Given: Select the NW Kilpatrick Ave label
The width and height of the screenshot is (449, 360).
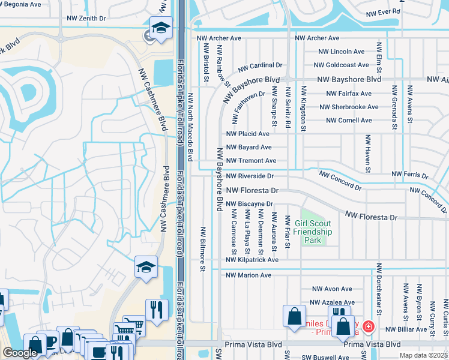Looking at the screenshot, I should pyautogui.click(x=252, y=260).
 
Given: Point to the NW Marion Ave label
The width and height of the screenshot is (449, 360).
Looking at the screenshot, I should pyautogui.click(x=249, y=275).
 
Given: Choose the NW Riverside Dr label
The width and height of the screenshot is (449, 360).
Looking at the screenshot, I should pyautogui.click(x=250, y=176).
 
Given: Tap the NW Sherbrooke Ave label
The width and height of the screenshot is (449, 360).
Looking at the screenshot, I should pyautogui.click(x=349, y=107).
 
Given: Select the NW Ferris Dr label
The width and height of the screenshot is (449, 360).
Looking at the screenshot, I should pyautogui.click(x=409, y=175).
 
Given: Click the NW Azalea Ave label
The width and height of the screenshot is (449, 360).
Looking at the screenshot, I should pyautogui.click(x=333, y=303).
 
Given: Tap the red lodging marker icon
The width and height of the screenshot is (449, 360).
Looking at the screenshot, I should pyautogui.click(x=368, y=328).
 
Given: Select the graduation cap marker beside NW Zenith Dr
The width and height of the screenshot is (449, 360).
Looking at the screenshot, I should pyautogui.click(x=161, y=28).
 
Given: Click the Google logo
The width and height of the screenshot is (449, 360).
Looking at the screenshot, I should pyautogui.click(x=20, y=353).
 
